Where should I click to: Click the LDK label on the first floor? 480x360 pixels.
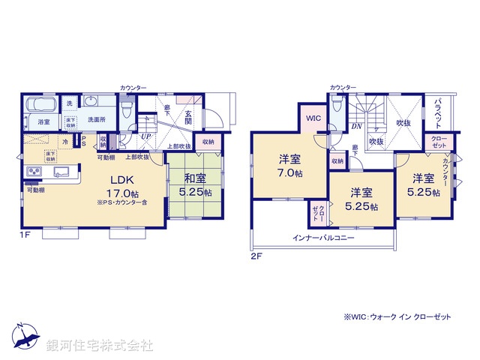[x=123, y=180]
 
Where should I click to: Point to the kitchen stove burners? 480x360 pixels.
[x=34, y=174]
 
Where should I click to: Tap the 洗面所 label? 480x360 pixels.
[x=98, y=120]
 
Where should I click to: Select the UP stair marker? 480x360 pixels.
[x=145, y=138]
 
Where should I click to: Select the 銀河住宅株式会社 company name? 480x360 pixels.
[x=100, y=346]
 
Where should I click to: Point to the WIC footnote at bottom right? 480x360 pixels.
[x=397, y=317]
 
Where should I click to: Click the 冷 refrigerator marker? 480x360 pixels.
[x=66, y=142]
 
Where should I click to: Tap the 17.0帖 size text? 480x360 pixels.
[x=122, y=193]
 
